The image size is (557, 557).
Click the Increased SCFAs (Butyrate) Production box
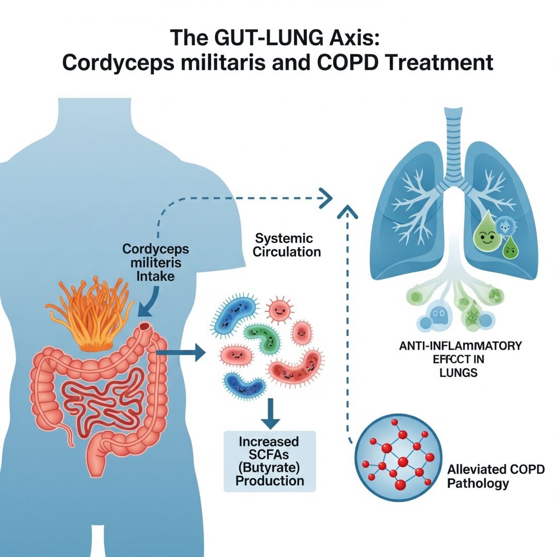pyautogui.click(x=269, y=461)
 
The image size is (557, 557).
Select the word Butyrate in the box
pyautogui.click(x=269, y=468)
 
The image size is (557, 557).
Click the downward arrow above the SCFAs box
pyautogui.click(x=268, y=413)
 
